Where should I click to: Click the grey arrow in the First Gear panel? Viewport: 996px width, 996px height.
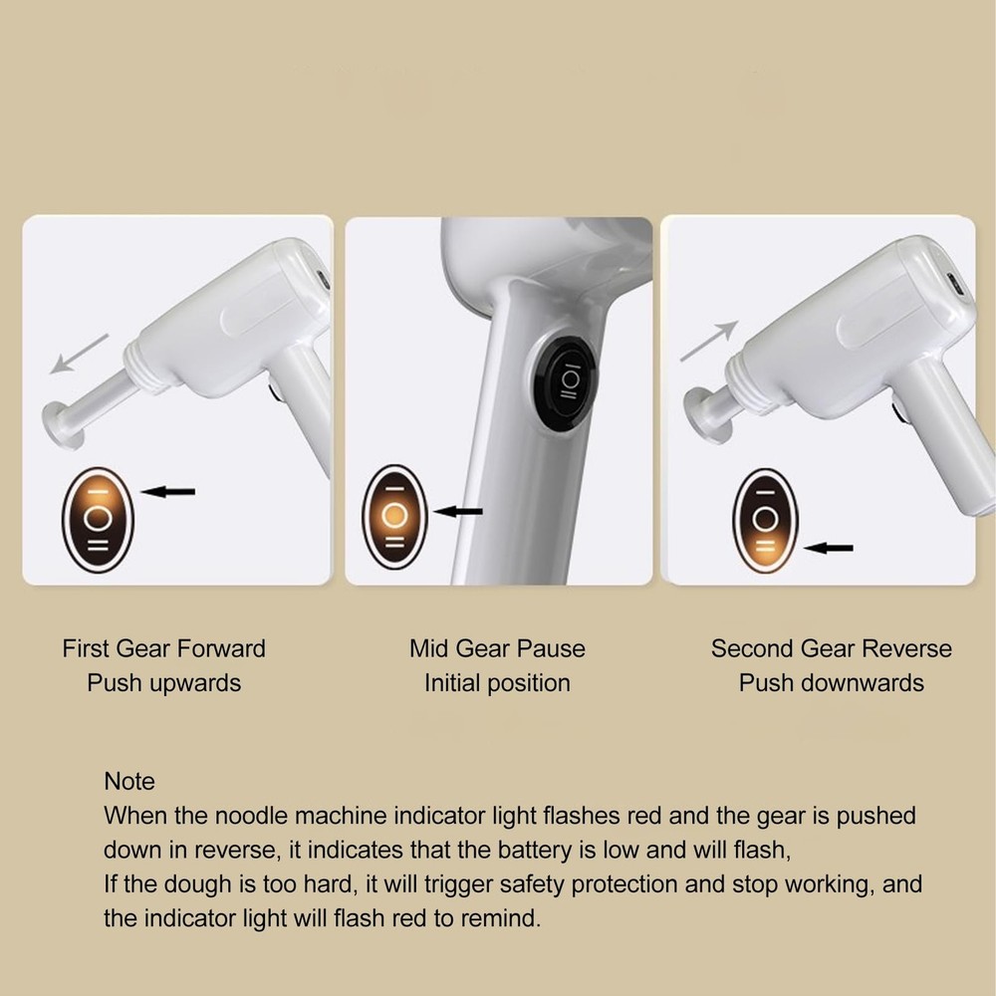[x=79, y=354]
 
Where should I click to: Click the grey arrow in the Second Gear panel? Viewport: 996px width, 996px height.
[x=709, y=342]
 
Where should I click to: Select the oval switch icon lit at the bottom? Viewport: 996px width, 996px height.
[x=765, y=520]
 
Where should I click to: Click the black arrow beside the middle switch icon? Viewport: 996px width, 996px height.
[x=460, y=512]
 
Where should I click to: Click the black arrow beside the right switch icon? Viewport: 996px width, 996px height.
[x=829, y=547]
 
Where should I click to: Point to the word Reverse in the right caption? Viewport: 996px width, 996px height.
[x=906, y=649]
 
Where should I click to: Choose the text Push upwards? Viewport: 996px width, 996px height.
[x=164, y=683]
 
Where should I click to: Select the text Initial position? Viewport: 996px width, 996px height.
[x=497, y=683]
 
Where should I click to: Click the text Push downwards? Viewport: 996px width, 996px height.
[x=831, y=683]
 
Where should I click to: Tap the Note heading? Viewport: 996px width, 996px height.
[x=129, y=781]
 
